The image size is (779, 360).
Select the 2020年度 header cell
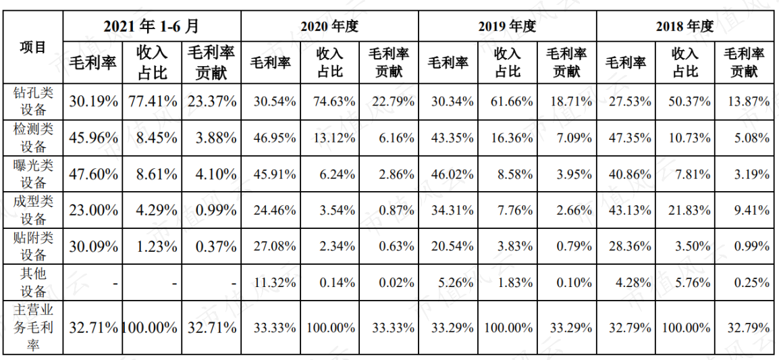[329, 26]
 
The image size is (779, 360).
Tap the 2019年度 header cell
[507, 26]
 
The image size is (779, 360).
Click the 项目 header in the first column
[33, 47]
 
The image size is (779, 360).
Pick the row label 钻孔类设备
[33, 101]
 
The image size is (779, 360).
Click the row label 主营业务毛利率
[33, 328]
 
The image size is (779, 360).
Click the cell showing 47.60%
[93, 174]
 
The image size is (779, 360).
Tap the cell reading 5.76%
[692, 282]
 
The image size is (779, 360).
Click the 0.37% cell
[215, 247]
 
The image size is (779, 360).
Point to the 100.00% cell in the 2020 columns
[331, 328]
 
